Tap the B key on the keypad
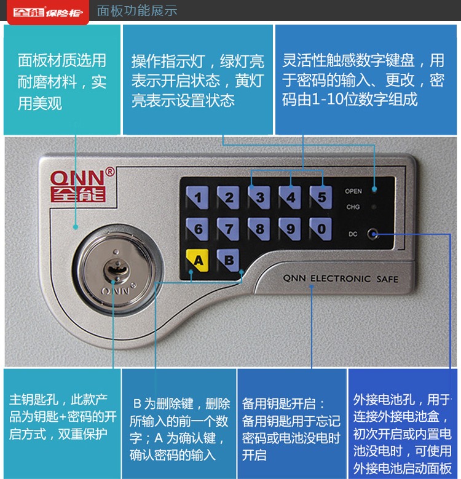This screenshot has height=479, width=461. [228, 260]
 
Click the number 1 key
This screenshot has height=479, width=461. [197, 197]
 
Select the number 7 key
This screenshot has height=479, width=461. [228, 229]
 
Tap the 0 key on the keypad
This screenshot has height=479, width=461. [321, 229]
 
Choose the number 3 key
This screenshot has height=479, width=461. [259, 197]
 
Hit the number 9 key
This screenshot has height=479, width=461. [290, 229]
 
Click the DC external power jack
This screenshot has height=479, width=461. [372, 234]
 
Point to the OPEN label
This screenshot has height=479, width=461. [353, 191]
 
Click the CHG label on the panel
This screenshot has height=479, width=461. [353, 207]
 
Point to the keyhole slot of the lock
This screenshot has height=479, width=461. [116, 270]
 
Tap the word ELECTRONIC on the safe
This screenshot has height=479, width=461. [341, 279]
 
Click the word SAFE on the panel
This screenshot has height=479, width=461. [387, 279]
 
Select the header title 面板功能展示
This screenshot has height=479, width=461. [137, 10]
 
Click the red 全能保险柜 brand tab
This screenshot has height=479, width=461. [48, 12]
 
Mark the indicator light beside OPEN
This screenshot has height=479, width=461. [374, 190]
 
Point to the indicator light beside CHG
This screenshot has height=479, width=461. [373, 207]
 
